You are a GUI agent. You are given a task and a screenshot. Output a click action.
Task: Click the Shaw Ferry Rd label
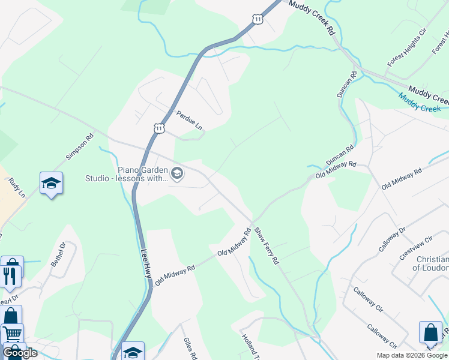click(x=266, y=246)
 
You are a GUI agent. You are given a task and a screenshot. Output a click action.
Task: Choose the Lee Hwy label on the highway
click(x=146, y=263)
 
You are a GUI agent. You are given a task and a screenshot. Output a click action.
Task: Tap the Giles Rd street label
click(x=190, y=347)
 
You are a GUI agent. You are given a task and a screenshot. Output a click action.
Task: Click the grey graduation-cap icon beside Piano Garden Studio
click(x=177, y=174)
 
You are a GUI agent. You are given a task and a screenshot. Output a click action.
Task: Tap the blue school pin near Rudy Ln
click(x=52, y=184)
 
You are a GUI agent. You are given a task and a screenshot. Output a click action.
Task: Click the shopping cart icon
click(x=12, y=334)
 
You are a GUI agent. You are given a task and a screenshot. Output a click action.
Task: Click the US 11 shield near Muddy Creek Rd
click(x=258, y=20)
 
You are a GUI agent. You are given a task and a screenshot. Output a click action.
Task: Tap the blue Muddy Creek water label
click(x=420, y=105)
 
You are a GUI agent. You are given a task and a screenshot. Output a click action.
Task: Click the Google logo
click(x=20, y=353)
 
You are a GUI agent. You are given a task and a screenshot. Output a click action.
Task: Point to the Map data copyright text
click(x=412, y=355)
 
